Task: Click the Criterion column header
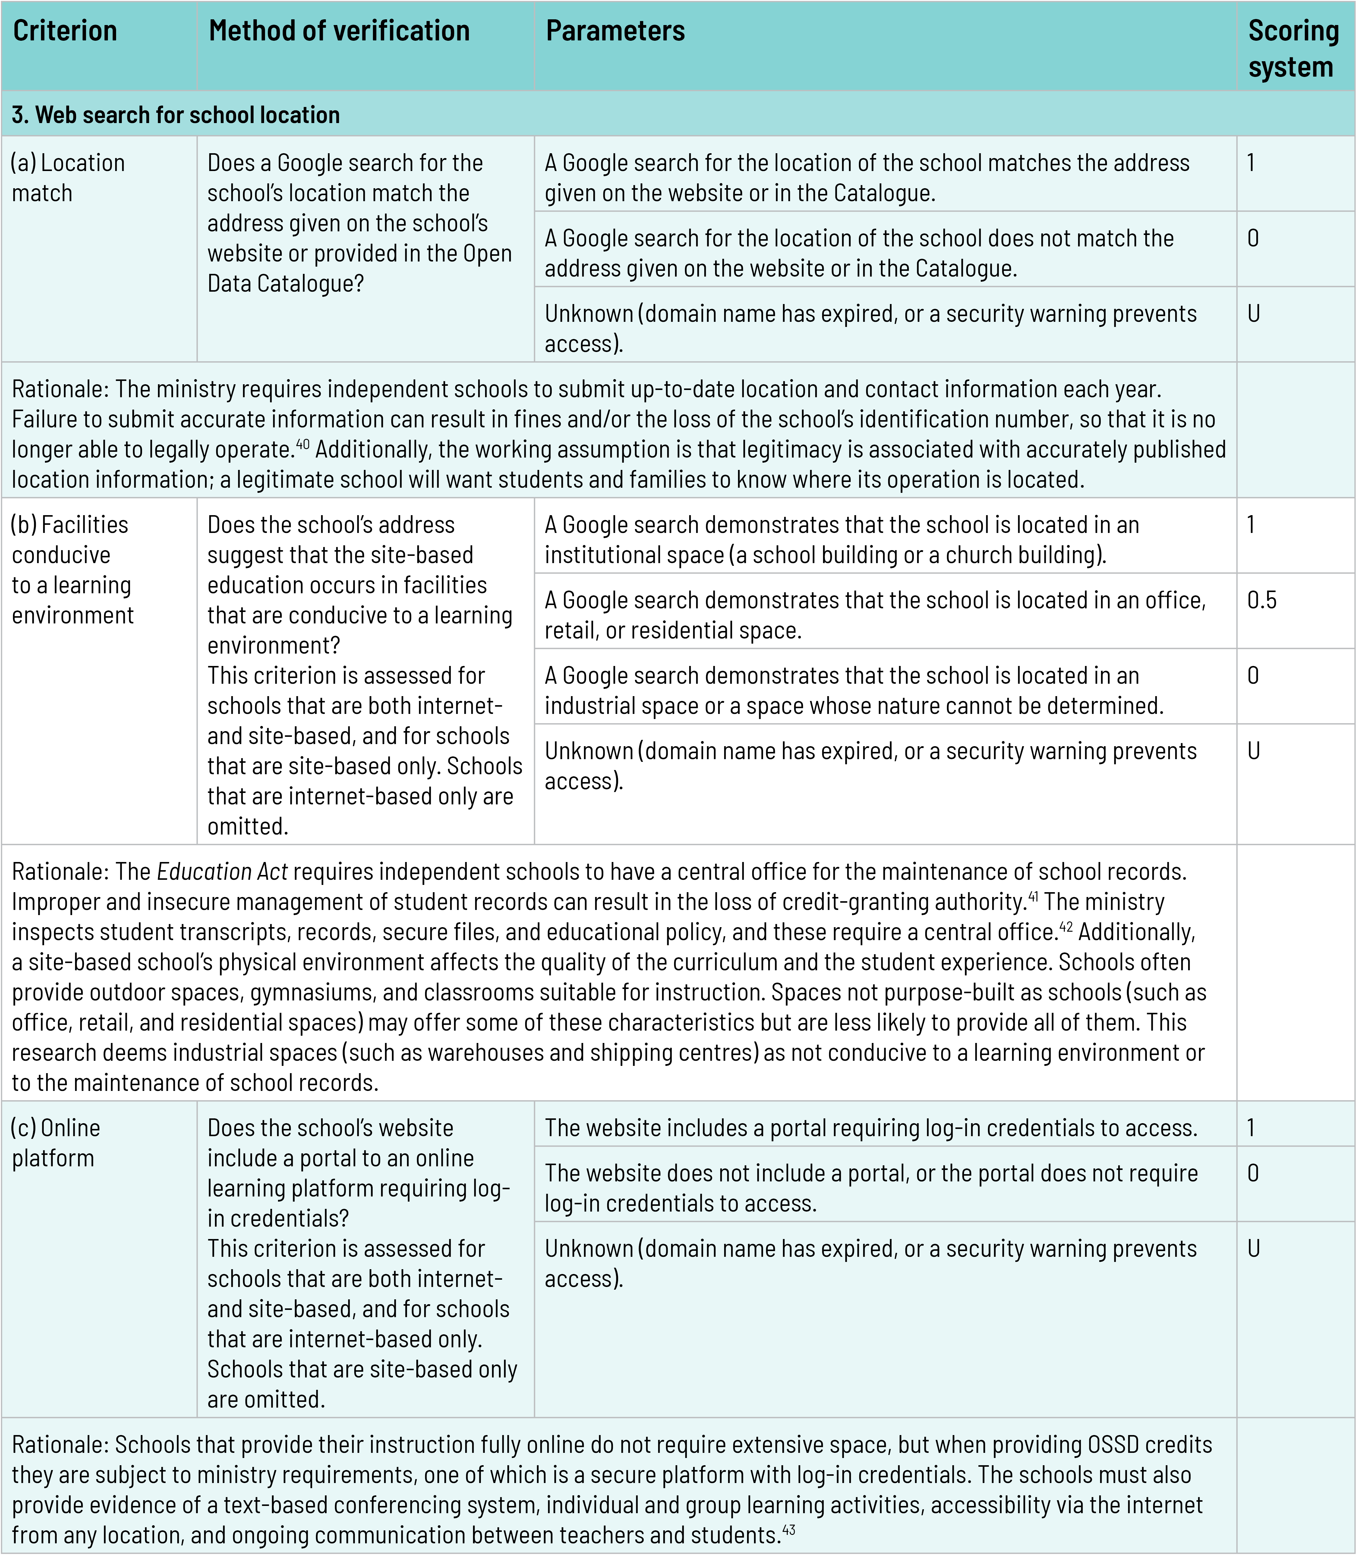coord(65,31)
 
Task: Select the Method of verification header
coord(339,31)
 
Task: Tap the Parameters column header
coord(615,31)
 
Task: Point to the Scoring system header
coord(1293,49)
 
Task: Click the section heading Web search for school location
coord(176,115)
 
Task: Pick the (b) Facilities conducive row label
coord(72,569)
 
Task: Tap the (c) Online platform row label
coord(55,1142)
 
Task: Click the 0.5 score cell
coord(1262,600)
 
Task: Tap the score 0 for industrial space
coord(1253,676)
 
